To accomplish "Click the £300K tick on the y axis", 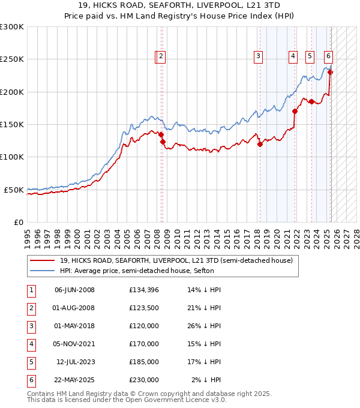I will point(11,27).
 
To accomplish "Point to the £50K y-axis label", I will point(14,190).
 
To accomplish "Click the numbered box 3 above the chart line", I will point(258,57).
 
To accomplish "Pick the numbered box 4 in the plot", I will point(293,57).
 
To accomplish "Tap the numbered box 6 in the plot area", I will point(328,57).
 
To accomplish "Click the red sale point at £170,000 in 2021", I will point(295,111).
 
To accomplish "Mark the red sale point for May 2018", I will point(260,144).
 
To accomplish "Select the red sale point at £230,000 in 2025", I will point(330,73).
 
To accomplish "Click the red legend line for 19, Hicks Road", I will point(43,260).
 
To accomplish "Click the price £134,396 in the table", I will point(143,290).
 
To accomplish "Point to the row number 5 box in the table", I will point(30,362).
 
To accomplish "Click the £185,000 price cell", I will point(143,362).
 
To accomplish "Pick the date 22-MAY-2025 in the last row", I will point(74,380).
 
